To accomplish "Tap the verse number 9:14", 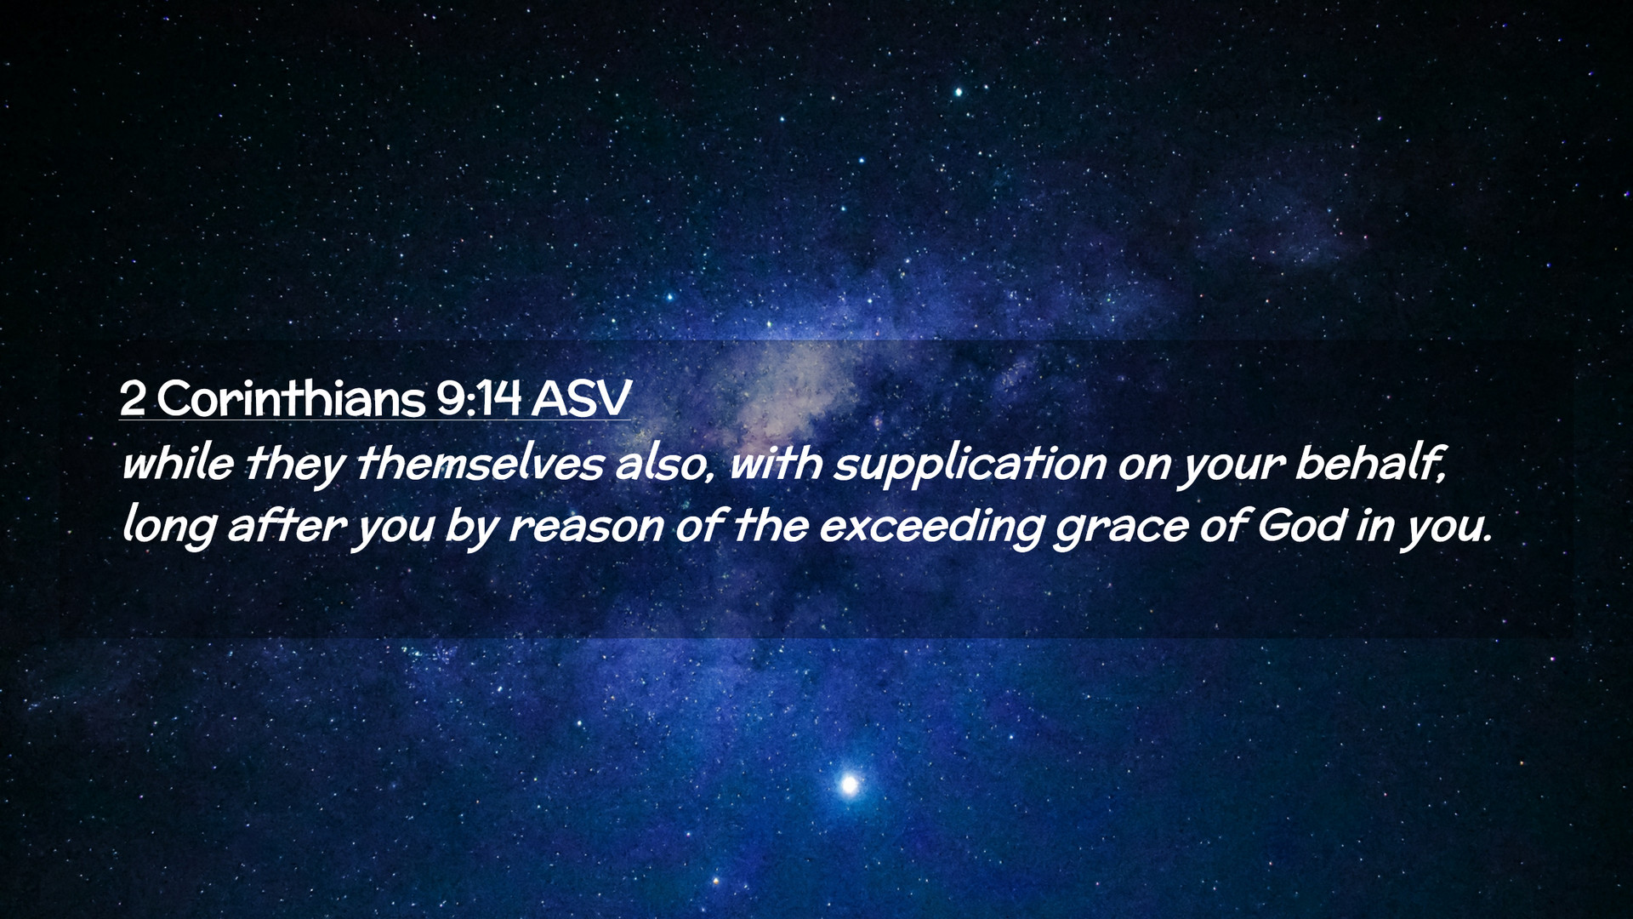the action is pos(479,397).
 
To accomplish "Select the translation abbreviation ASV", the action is pos(582,397).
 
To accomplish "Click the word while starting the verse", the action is pos(178,464).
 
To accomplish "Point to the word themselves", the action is pos(480,464).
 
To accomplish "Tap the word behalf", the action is pos(1370,465).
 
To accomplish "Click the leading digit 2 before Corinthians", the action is pos(132,398).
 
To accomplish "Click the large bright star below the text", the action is pos(848,784).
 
